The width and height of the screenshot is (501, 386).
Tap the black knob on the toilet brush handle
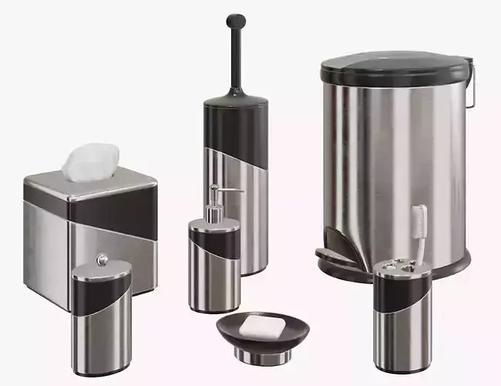pos(236,21)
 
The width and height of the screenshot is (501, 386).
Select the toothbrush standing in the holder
pos(419,224)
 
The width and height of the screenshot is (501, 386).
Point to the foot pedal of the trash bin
pos(334,255)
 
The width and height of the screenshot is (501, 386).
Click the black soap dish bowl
pos(262,335)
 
